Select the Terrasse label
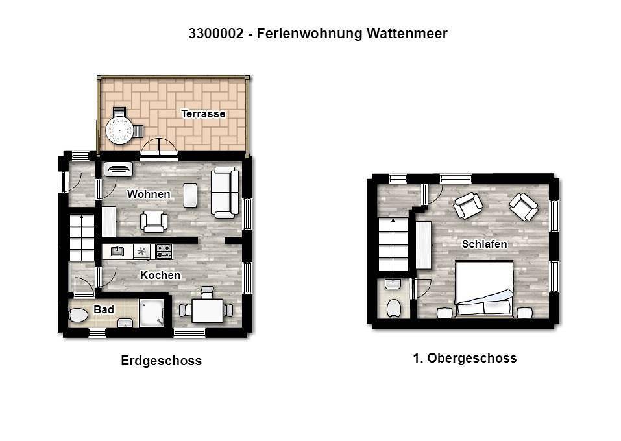point(203,114)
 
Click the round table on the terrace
point(119,130)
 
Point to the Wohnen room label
point(149,194)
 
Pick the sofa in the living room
point(225,192)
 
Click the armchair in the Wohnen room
point(154,221)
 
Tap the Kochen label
point(160,275)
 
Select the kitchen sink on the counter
point(118,251)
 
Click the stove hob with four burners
point(163,251)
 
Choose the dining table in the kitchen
point(207,310)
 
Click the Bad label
point(104,309)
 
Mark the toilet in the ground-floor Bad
point(79,316)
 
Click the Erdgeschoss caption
point(162,361)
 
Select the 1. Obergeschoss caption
point(465,358)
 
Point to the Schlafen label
point(484,244)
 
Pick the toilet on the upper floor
point(393,308)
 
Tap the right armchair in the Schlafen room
point(523,207)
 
